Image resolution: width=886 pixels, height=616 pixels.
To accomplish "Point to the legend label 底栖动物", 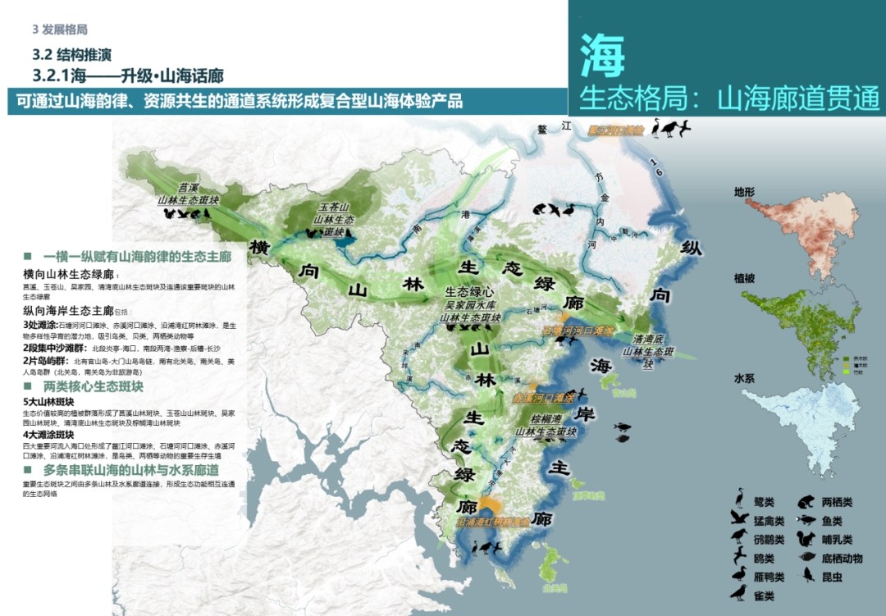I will pyautogui.click(x=842, y=559).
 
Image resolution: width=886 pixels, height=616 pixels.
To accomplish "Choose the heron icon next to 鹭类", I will pyautogui.click(x=740, y=500).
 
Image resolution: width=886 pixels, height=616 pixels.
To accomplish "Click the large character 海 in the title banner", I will pyautogui.click(x=602, y=56).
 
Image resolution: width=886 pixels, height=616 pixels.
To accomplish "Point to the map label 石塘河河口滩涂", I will pyautogui.click(x=577, y=330).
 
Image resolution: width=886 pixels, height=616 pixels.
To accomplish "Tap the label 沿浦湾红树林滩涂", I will pyautogui.click(x=492, y=522).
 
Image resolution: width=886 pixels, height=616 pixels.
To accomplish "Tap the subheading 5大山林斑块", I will pyautogui.click(x=49, y=402).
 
